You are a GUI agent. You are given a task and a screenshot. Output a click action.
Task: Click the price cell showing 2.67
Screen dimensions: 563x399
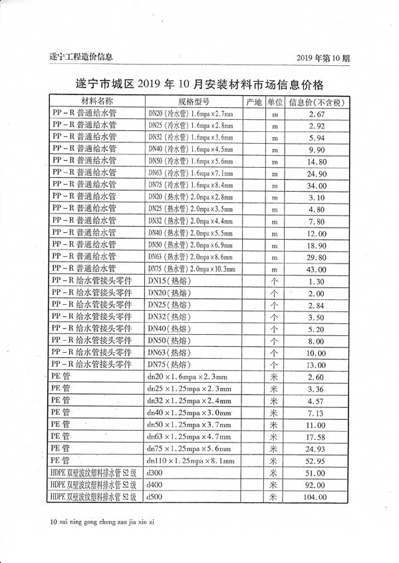point(317,114)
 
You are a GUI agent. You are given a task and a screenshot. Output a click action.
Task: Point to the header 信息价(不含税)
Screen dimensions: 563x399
point(317,102)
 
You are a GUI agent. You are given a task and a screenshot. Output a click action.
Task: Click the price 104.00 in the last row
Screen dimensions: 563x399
point(315,496)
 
